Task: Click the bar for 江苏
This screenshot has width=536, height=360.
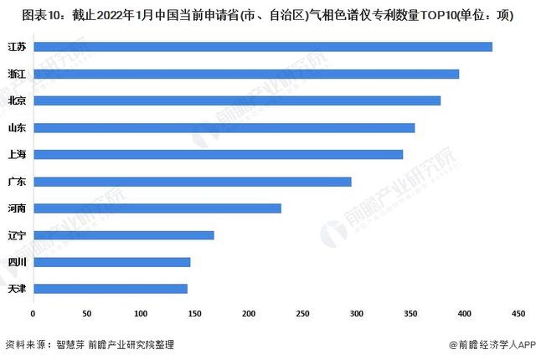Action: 262,47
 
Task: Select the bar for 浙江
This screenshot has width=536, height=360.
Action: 245,74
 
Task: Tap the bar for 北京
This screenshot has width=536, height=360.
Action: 236,100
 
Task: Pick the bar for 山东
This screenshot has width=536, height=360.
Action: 224,127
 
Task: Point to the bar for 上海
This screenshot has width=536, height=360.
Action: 218,154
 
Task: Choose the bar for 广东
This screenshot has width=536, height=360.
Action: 192,181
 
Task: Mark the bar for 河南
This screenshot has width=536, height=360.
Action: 157,208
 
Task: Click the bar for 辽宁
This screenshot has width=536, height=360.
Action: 123,234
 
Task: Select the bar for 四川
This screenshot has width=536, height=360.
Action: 111,262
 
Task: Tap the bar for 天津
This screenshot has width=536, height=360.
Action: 110,289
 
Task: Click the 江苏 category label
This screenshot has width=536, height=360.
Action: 16,47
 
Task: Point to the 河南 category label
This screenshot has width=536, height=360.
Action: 16,208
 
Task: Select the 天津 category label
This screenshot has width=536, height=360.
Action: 16,289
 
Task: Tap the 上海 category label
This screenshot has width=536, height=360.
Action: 16,154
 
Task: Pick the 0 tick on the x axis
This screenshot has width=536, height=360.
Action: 33,313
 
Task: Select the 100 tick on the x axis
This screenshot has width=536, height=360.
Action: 141,313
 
